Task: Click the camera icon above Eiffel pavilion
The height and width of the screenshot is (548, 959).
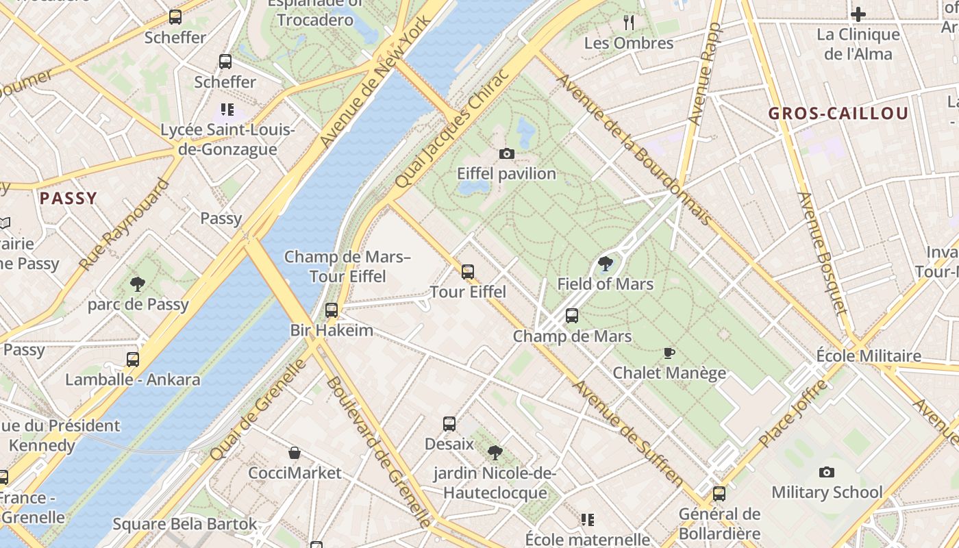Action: click(x=506, y=153)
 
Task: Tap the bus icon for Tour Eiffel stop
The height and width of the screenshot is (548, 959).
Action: click(x=468, y=272)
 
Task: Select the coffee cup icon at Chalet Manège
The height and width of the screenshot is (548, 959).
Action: click(x=669, y=353)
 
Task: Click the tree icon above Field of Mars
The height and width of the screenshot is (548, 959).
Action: click(x=606, y=264)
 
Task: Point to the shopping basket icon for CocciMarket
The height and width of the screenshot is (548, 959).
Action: click(x=295, y=453)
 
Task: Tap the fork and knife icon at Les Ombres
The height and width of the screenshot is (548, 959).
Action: click(x=629, y=23)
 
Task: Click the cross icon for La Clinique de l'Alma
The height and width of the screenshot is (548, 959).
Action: click(x=858, y=14)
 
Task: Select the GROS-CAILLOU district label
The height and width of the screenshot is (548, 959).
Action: click(x=838, y=114)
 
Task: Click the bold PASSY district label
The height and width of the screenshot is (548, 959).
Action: click(x=68, y=199)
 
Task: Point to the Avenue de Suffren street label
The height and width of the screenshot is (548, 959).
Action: click(x=628, y=433)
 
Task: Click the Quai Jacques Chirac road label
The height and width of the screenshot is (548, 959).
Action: click(x=453, y=129)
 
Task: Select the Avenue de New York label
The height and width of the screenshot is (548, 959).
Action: click(x=376, y=80)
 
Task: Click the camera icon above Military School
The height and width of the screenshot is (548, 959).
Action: click(x=827, y=472)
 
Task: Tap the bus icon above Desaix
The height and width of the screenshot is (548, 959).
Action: click(x=449, y=424)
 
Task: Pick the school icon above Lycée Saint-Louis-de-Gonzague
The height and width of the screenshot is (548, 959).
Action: click(x=227, y=110)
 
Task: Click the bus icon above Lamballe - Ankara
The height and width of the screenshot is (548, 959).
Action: click(x=133, y=359)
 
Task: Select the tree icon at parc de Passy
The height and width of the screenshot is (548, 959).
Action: click(x=138, y=284)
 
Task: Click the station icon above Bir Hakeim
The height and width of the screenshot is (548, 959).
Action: click(x=332, y=310)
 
